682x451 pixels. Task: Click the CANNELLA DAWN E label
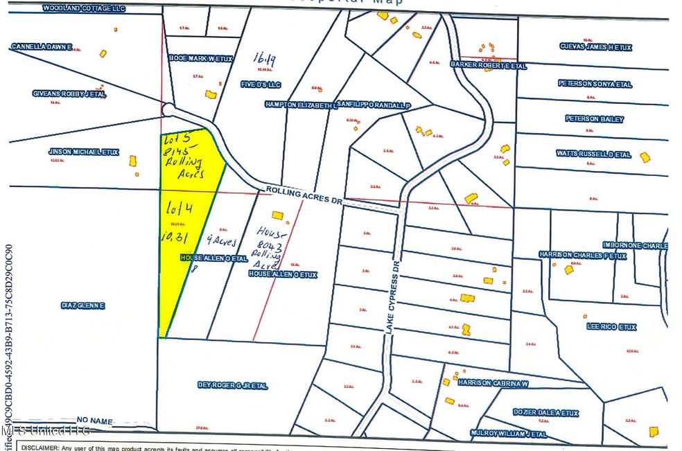point(42,46)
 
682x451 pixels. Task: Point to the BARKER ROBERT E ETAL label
point(489,67)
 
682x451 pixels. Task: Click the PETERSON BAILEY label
point(594,119)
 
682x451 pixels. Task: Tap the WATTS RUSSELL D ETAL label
point(594,154)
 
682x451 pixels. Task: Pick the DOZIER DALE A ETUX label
point(545,413)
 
